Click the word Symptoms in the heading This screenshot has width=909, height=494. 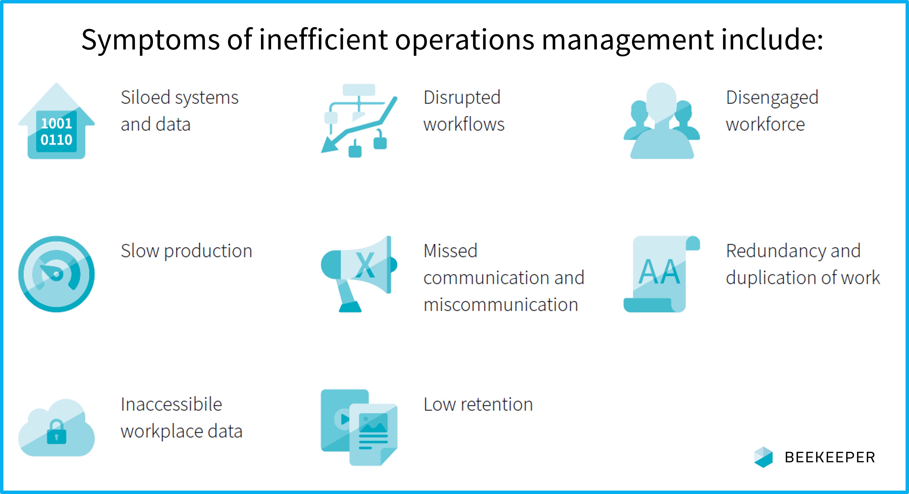click(x=151, y=40)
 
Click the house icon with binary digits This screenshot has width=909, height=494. click(x=56, y=121)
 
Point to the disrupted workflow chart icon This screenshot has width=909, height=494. click(x=359, y=120)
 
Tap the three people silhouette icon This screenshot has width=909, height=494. click(x=662, y=121)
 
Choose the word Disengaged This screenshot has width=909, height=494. click(x=772, y=98)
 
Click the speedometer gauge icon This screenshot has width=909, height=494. click(x=56, y=274)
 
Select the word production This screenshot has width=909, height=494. click(x=208, y=251)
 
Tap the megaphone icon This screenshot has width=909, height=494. click(x=359, y=274)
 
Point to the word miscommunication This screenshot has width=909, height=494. click(x=501, y=305)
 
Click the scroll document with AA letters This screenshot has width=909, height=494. click(x=662, y=274)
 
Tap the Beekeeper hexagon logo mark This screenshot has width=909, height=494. click(x=763, y=457)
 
